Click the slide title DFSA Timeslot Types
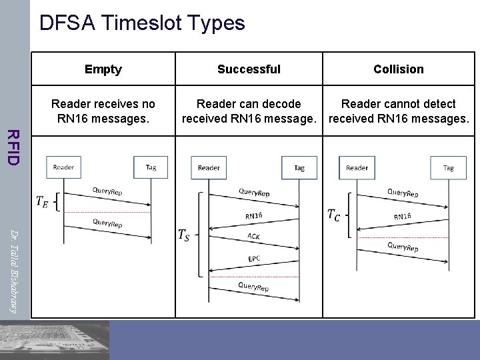pyautogui.click(x=142, y=23)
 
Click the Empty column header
pyautogui.click(x=103, y=69)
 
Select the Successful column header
pyautogui.click(x=249, y=69)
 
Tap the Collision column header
pyautogui.click(x=398, y=69)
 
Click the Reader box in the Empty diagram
pyautogui.click(x=63, y=167)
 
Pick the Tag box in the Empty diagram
pyautogui.click(x=151, y=167)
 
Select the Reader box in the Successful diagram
pyautogui.click(x=209, y=167)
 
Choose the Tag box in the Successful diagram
pyautogui.click(x=299, y=167)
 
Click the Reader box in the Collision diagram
pyautogui.click(x=357, y=167)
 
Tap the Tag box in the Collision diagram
pyautogui.click(x=448, y=167)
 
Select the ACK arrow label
pyautogui.click(x=254, y=237)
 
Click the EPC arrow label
pyautogui.click(x=254, y=259)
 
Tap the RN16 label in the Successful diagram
pyautogui.click(x=254, y=215)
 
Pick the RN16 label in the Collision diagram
pyautogui.click(x=402, y=216)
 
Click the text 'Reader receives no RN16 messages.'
pyautogui.click(x=103, y=111)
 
